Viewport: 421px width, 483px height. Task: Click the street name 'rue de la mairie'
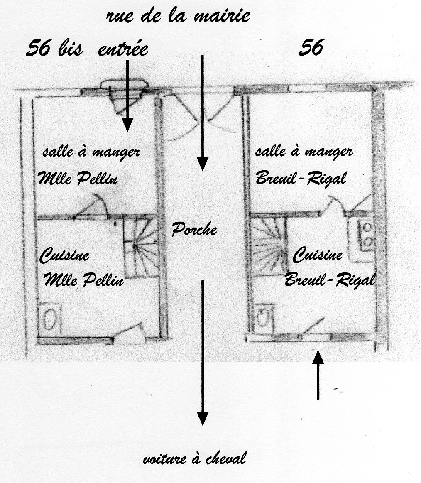pyautogui.click(x=178, y=16)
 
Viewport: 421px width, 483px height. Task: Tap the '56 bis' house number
pyautogui.click(x=54, y=49)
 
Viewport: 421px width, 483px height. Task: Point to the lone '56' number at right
pyautogui.click(x=311, y=48)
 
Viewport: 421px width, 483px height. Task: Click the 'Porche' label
pyautogui.click(x=194, y=230)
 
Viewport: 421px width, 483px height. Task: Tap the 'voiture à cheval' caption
pyautogui.click(x=195, y=458)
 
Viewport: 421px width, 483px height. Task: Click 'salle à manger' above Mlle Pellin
pyautogui.click(x=91, y=152)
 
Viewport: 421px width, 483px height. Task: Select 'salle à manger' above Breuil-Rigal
pyautogui.click(x=304, y=152)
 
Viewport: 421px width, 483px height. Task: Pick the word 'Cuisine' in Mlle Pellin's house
pyautogui.click(x=64, y=255)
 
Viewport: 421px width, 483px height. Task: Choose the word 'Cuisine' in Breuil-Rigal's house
pyautogui.click(x=318, y=255)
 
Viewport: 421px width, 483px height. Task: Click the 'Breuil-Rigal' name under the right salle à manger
pyautogui.click(x=301, y=178)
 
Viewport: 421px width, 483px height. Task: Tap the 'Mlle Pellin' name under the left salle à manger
pyautogui.click(x=78, y=178)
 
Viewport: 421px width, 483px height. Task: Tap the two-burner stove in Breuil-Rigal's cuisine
pyautogui.click(x=367, y=235)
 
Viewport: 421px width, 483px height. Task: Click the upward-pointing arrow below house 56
pyautogui.click(x=318, y=375)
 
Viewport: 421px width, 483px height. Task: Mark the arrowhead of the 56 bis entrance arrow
pyautogui.click(x=127, y=125)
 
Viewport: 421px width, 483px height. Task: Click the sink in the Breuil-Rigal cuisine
pyautogui.click(x=264, y=319)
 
